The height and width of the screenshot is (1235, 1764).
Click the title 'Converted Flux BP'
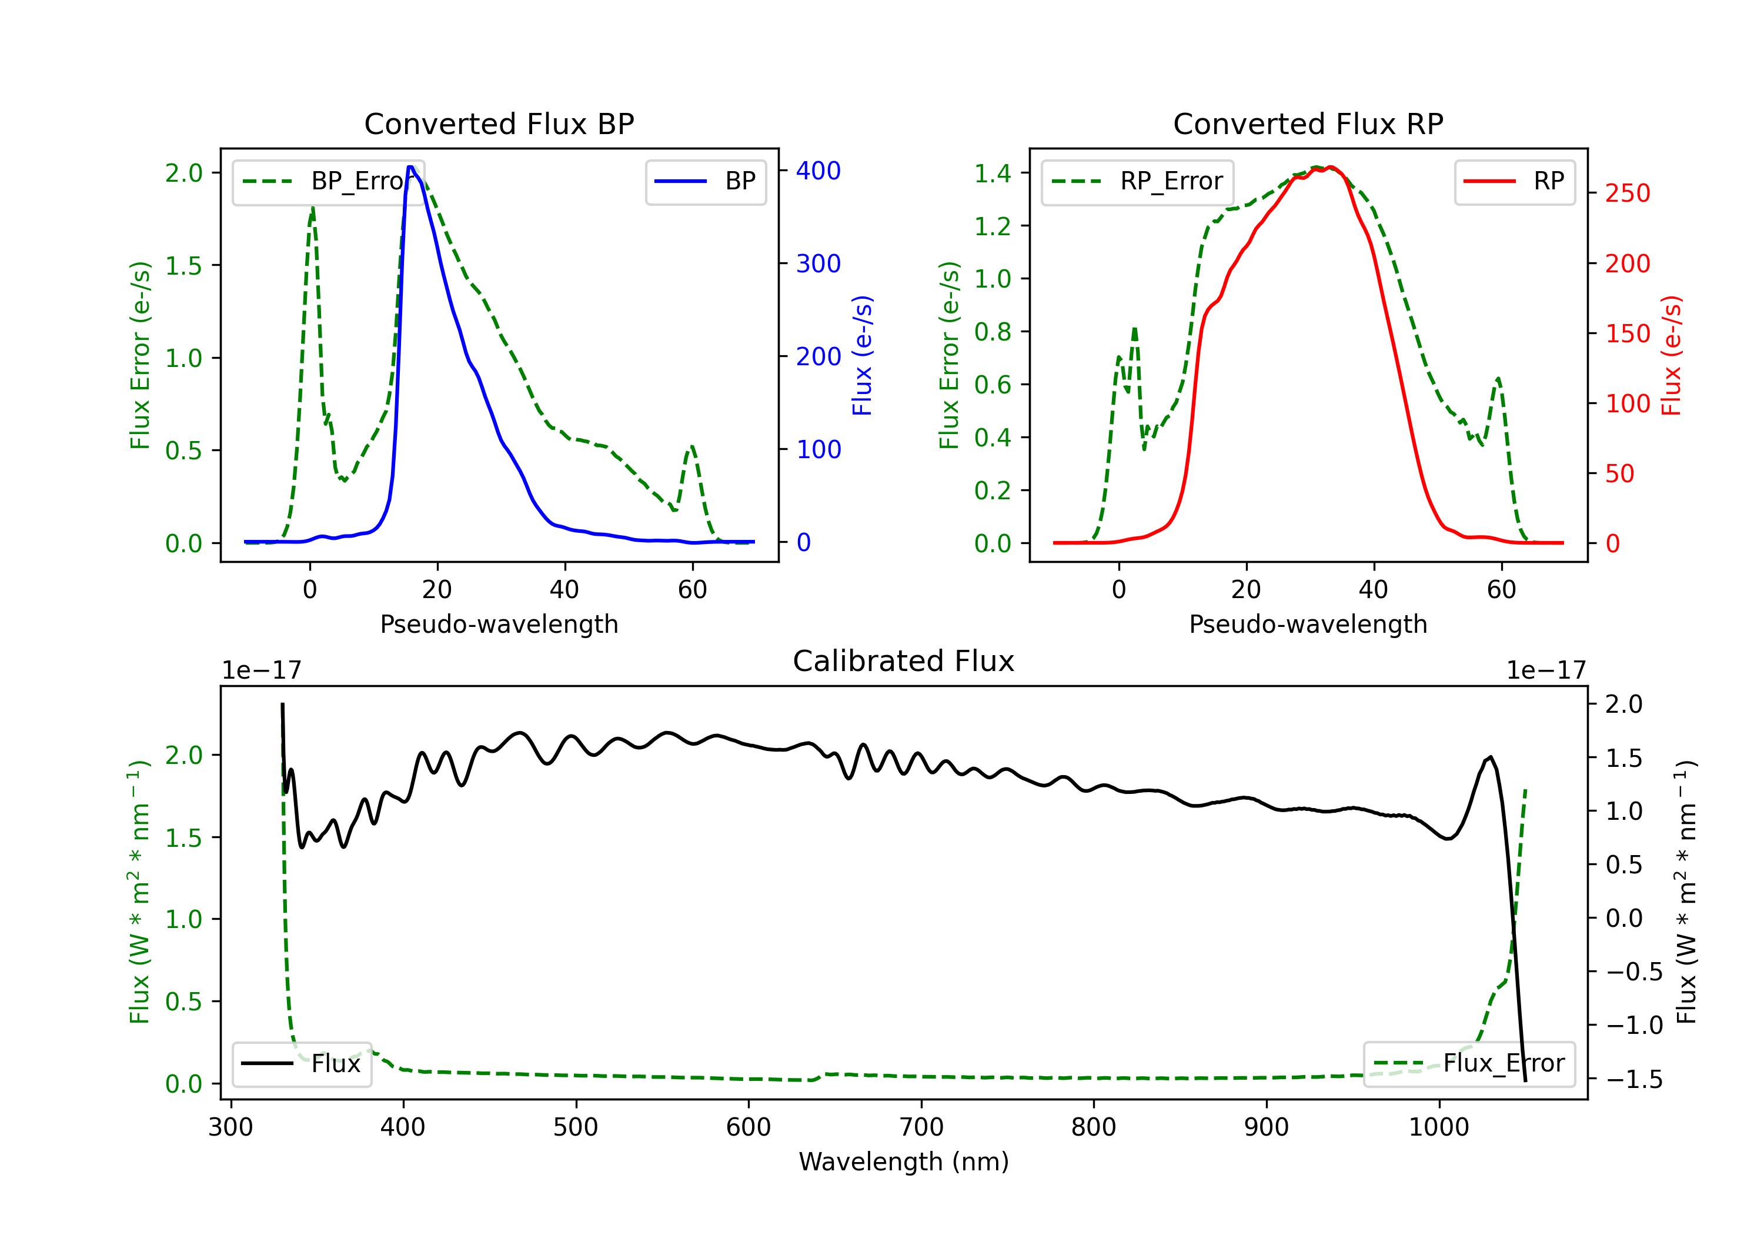(x=499, y=123)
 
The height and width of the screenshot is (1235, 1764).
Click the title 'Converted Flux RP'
(x=1308, y=123)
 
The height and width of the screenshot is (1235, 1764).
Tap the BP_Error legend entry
(x=328, y=181)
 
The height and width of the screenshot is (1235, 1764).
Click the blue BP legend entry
(x=705, y=181)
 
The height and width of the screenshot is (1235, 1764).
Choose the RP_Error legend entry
(x=1137, y=181)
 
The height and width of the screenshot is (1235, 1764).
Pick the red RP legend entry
(x=1514, y=181)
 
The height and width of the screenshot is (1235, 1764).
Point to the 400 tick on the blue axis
(x=818, y=171)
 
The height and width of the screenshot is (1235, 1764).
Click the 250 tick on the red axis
(x=1627, y=193)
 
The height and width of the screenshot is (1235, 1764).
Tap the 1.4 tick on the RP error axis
(x=993, y=173)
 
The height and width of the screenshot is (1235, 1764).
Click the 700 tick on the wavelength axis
(x=921, y=1127)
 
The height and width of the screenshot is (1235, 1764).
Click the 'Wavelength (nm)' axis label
(x=904, y=1161)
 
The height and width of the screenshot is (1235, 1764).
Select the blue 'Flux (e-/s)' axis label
(x=862, y=355)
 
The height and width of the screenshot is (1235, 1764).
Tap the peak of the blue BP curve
(x=411, y=167)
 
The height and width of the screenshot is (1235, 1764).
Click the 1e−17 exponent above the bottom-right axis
(x=1546, y=670)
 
